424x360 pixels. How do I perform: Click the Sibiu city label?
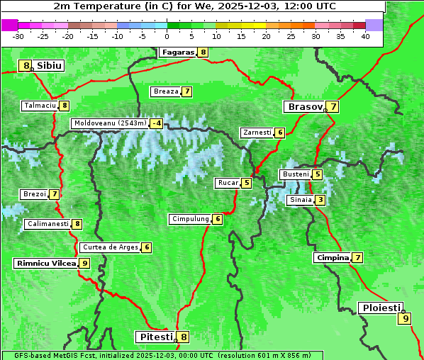50,66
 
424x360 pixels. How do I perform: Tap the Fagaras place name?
177,52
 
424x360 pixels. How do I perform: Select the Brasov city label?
304,107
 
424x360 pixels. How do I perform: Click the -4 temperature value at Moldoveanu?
156,123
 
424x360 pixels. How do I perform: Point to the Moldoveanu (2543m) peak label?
110,123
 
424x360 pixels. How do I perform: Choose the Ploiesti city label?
381,308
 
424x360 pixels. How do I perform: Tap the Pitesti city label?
155,337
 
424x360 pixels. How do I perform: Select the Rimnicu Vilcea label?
45,263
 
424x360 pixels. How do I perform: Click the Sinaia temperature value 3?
320,200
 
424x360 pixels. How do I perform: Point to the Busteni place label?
295,174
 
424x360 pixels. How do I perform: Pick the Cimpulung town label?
190,219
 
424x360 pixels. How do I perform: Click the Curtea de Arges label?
109,247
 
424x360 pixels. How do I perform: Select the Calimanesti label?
48,224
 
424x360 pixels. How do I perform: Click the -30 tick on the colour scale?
18,36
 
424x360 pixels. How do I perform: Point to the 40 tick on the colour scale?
364,36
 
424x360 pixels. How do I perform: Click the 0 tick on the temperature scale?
167,36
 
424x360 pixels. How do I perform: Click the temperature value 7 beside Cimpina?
358,258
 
